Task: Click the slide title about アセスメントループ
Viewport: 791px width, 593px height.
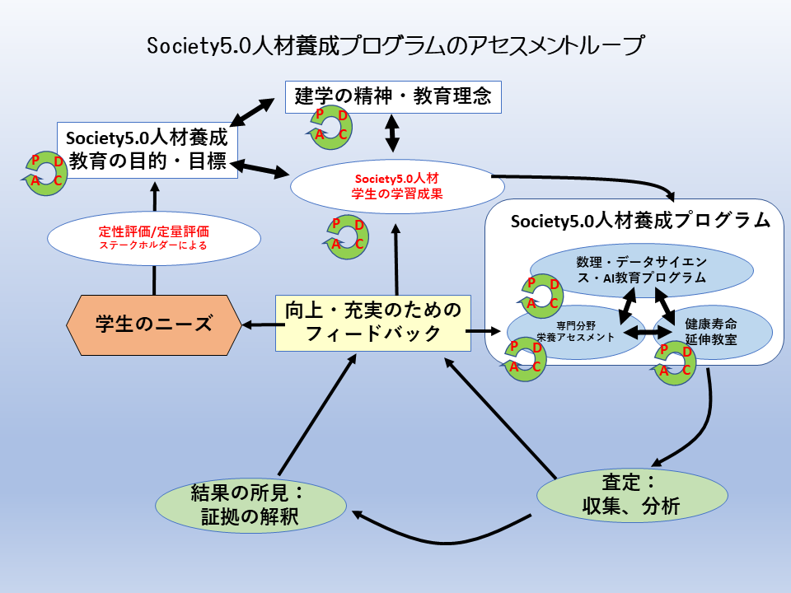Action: point(395,45)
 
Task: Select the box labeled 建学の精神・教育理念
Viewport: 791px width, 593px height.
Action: point(393,96)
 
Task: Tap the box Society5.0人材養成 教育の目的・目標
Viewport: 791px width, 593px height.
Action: point(147,149)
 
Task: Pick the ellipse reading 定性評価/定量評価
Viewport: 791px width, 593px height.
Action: point(154,237)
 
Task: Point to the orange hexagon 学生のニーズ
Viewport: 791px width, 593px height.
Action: point(154,324)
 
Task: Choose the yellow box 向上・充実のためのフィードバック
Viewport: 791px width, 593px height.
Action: point(372,322)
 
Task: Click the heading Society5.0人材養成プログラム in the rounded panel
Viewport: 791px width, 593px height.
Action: point(640,221)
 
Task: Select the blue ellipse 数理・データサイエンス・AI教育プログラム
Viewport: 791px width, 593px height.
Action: point(641,269)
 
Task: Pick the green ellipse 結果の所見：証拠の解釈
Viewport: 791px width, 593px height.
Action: point(251,504)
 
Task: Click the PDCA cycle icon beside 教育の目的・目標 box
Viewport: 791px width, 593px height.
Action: point(48,170)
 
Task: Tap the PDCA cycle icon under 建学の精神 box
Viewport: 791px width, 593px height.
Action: point(331,126)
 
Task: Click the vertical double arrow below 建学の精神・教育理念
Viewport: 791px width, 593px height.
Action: point(393,132)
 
